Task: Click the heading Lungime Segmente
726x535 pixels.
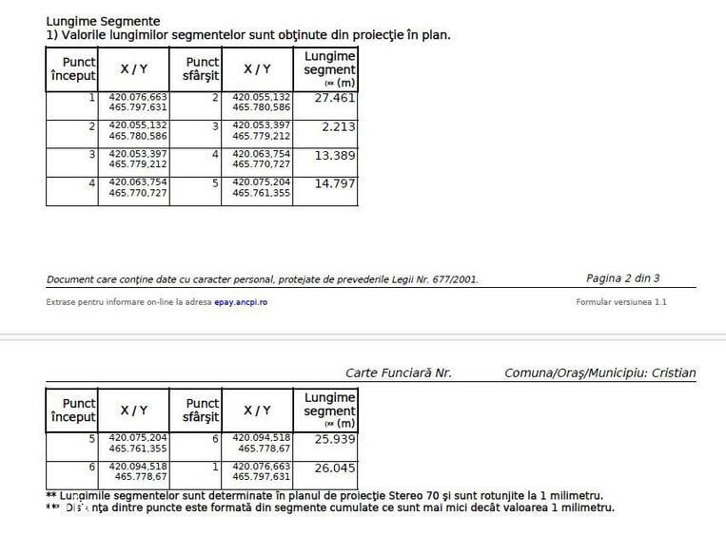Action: click(103, 21)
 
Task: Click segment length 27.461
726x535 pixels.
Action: click(337, 98)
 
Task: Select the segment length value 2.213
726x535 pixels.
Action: click(339, 126)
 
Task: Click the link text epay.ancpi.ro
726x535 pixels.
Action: click(240, 302)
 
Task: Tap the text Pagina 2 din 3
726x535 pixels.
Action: click(622, 278)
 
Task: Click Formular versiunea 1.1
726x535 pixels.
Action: click(621, 302)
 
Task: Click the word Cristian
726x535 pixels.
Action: click(673, 373)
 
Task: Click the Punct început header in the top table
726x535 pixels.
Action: click(73, 68)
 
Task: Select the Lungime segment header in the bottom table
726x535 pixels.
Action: click(329, 410)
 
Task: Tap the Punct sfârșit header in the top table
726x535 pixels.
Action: click(202, 68)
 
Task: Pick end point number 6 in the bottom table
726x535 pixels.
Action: click(216, 438)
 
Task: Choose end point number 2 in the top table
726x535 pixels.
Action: click(216, 97)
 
